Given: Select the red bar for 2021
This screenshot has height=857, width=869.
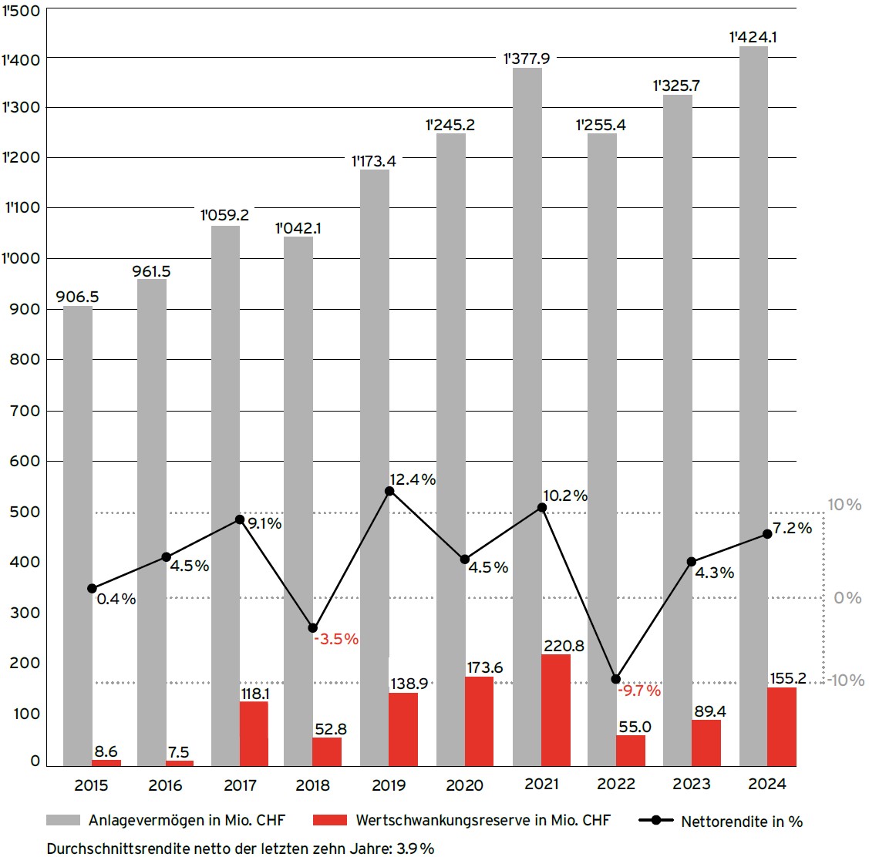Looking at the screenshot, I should point(556,710).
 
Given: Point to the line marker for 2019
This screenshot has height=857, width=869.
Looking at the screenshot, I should point(389,491).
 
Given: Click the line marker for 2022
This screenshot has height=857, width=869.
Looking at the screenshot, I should point(615,679).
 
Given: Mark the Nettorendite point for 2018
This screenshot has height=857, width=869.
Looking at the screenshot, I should point(313,628).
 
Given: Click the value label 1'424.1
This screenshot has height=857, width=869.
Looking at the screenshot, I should point(753,35).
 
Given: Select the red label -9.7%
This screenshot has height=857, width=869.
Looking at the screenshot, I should point(639,691).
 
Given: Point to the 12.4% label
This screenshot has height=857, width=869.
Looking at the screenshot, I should point(413,479).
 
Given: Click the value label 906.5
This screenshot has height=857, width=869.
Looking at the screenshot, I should point(77,297).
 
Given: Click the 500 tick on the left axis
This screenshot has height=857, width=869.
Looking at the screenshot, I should point(24,512).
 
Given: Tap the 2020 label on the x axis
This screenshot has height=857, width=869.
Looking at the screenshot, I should point(464,785).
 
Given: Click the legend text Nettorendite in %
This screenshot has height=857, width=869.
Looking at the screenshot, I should point(742,822).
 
